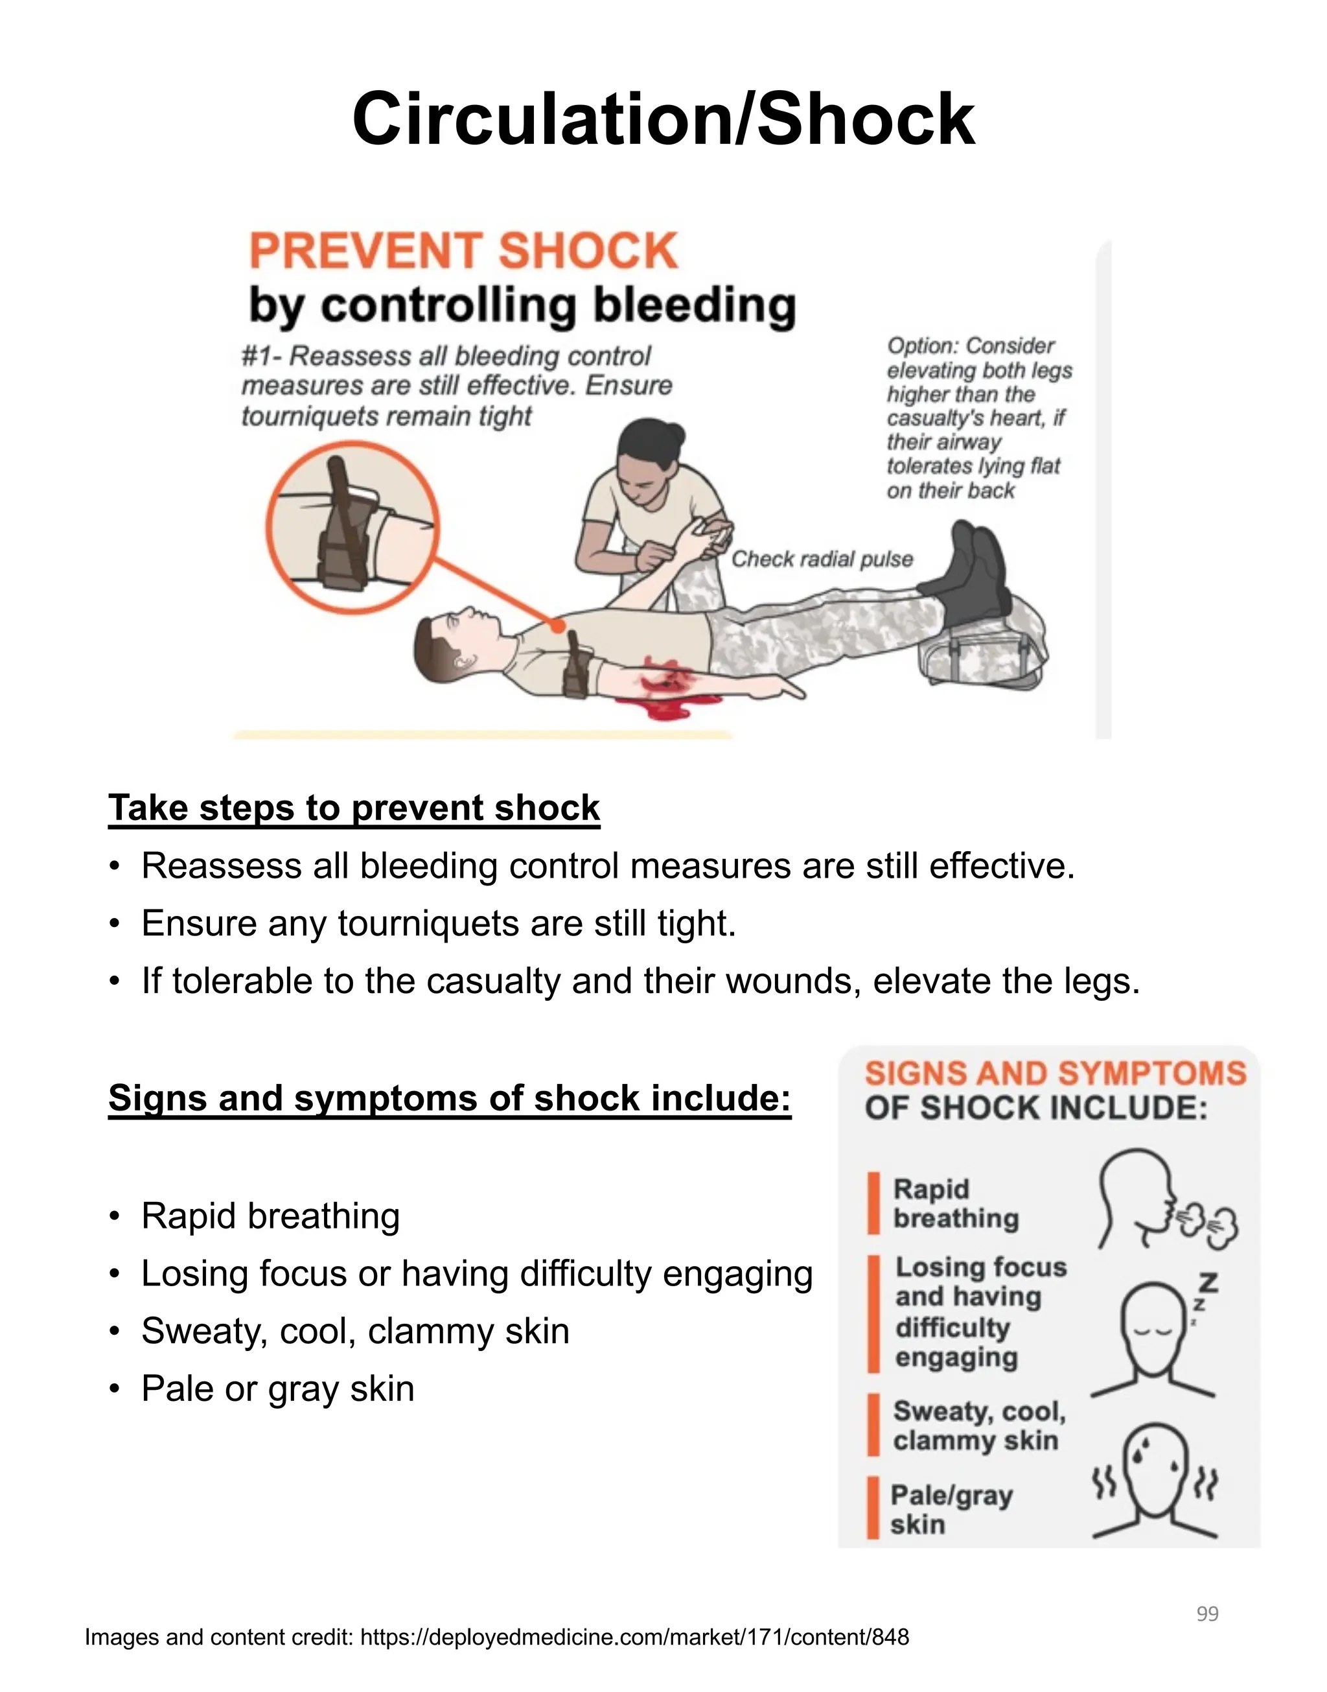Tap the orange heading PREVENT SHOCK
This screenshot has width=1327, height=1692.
pyautogui.click(x=463, y=251)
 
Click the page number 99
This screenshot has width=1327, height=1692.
pyautogui.click(x=1206, y=1614)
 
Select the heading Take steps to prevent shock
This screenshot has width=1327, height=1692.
pyautogui.click(x=354, y=808)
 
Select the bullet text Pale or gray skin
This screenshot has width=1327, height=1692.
pyautogui.click(x=277, y=1389)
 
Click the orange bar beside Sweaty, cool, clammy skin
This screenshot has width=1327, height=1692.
pyautogui.click(x=873, y=1425)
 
